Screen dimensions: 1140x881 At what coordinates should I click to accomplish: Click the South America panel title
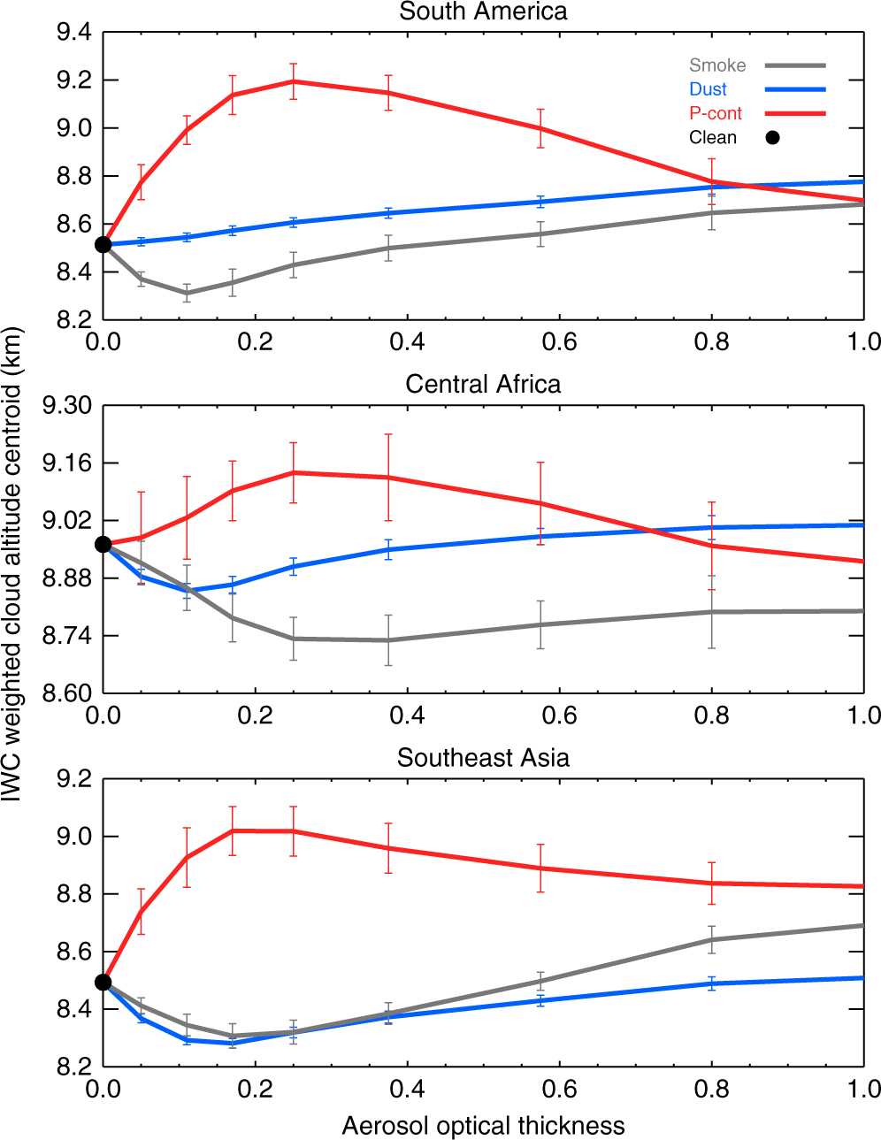coord(483,11)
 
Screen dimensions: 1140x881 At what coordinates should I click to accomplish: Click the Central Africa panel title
coord(483,385)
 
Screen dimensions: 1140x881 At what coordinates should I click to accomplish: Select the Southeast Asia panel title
coord(483,758)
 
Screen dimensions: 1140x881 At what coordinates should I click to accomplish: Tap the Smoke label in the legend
coord(717,65)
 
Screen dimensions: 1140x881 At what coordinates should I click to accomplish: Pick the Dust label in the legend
coord(708,89)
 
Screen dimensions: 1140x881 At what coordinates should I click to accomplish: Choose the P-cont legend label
coord(716,113)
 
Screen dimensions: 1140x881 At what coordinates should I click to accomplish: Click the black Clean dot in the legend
coord(772,137)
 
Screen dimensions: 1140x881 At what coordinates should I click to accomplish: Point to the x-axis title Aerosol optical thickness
coord(483,1126)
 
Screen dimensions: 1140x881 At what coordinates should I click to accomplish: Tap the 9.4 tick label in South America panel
coord(73,33)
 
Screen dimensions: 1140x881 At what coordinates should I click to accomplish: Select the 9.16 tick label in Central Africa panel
coord(67,463)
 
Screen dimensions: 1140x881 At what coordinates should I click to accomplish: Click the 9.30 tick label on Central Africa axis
coord(67,406)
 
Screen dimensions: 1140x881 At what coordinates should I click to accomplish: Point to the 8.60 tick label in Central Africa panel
coord(67,693)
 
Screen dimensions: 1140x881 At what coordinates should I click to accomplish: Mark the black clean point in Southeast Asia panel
coord(103,983)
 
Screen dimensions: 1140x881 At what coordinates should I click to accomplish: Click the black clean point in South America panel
coord(103,244)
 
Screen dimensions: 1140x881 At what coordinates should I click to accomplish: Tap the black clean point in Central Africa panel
coord(103,545)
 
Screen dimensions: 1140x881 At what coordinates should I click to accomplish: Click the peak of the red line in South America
coord(293,81)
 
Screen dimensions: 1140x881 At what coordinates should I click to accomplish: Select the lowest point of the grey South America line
coord(187,293)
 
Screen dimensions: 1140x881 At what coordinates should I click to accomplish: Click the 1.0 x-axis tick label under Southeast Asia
coord(863,1089)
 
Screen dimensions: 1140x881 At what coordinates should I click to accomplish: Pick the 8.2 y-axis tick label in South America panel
coord(73,320)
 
